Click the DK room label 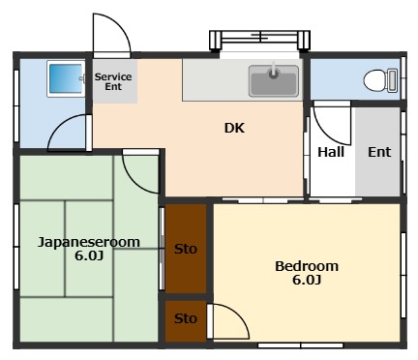tap(234, 127)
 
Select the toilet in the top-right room tap(377, 79)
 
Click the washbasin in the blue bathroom tap(66, 78)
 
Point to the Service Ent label tap(113, 81)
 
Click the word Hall tap(331, 152)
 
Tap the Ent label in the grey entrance tap(378, 152)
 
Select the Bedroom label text tap(306, 266)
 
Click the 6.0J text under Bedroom tap(306, 281)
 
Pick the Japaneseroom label tap(88, 242)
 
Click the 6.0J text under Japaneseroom tap(88, 256)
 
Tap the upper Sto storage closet tap(186, 249)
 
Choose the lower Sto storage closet tap(186, 318)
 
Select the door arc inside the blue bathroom tap(68, 132)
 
